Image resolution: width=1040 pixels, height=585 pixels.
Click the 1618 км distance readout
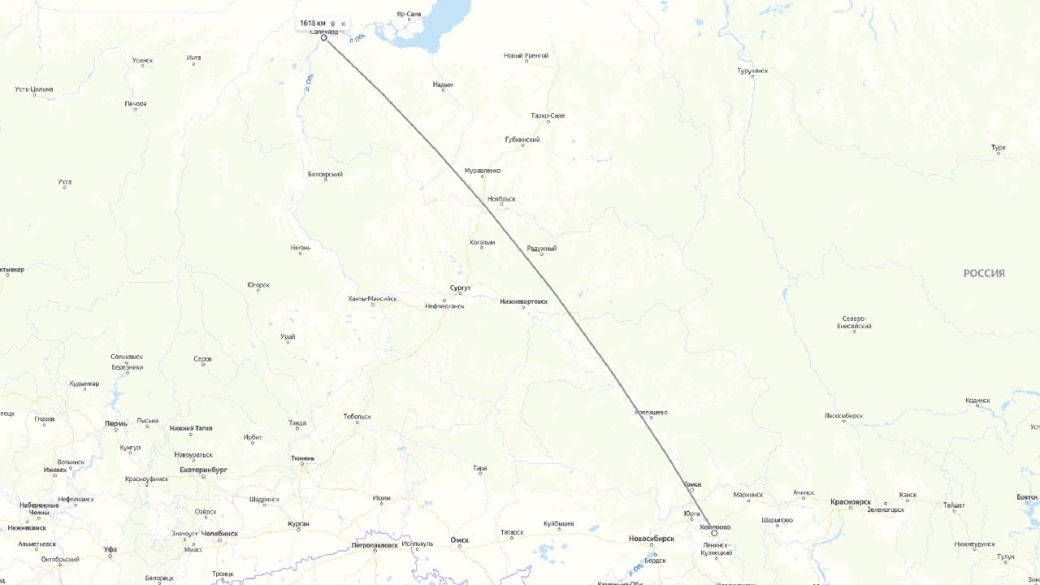(x=312, y=23)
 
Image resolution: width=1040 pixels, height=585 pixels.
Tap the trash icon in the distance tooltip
(x=332, y=24)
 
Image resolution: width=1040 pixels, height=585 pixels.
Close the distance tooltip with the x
(x=343, y=24)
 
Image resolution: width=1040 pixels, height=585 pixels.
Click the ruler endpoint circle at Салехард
(x=323, y=37)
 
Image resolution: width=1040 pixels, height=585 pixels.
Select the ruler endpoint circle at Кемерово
(x=714, y=533)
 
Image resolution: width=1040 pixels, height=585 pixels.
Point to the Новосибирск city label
(x=651, y=539)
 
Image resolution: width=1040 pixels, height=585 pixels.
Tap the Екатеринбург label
(x=203, y=470)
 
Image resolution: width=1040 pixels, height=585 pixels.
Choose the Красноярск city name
(x=850, y=502)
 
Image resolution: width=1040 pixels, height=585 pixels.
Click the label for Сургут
(x=460, y=288)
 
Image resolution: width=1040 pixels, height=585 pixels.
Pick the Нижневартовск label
(x=523, y=301)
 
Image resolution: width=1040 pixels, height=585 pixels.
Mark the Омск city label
(x=459, y=539)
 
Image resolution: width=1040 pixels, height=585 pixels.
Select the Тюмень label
(x=302, y=458)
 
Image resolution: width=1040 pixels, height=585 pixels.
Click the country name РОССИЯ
(x=984, y=274)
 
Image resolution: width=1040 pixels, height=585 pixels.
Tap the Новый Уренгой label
(x=526, y=55)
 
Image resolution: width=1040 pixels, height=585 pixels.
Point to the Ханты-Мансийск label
(x=372, y=299)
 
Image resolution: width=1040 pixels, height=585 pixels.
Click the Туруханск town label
(x=752, y=71)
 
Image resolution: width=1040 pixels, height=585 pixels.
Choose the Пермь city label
(x=116, y=424)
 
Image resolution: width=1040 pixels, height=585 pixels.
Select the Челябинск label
(x=219, y=534)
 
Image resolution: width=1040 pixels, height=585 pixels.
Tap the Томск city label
(x=691, y=484)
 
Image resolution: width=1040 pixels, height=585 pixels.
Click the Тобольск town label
(x=357, y=417)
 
